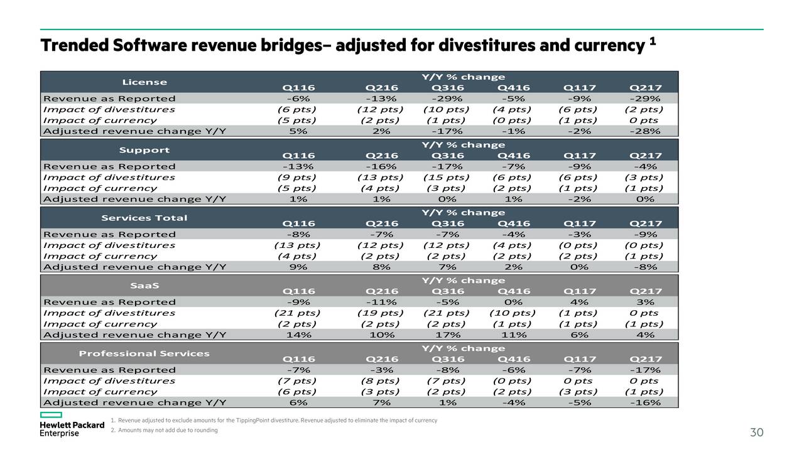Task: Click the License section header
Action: (x=144, y=82)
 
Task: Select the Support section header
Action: (x=144, y=150)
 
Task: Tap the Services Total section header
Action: (x=144, y=218)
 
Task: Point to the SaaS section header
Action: (x=144, y=286)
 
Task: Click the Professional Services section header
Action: (x=144, y=353)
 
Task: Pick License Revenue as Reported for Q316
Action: (x=447, y=99)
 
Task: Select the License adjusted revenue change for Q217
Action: (x=645, y=131)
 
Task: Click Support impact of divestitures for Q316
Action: (x=447, y=178)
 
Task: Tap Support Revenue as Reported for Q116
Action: (x=298, y=166)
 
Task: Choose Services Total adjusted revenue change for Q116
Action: (x=298, y=267)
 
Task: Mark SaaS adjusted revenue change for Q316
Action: (x=448, y=335)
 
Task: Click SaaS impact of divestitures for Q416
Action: (x=513, y=313)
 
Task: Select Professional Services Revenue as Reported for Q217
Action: (x=645, y=370)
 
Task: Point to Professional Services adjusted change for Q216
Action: (x=381, y=402)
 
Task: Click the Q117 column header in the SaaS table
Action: (x=580, y=291)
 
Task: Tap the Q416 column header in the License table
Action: (x=514, y=88)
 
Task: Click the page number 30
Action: (x=757, y=433)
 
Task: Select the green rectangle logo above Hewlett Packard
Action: (x=51, y=415)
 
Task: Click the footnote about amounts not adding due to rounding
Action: (x=164, y=430)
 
